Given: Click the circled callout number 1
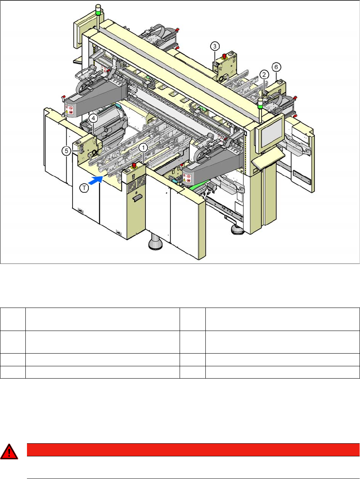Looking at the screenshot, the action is tap(143, 148).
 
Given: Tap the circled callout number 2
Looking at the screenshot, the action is tap(264, 75).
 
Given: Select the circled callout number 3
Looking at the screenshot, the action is tap(214, 46).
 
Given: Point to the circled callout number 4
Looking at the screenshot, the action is tap(93, 119).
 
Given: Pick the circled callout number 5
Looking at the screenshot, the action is tap(67, 151).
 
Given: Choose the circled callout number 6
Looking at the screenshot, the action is tap(276, 67).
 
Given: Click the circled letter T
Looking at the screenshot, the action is tap(84, 188).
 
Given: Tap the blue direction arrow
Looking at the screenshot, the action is tap(95, 181).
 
